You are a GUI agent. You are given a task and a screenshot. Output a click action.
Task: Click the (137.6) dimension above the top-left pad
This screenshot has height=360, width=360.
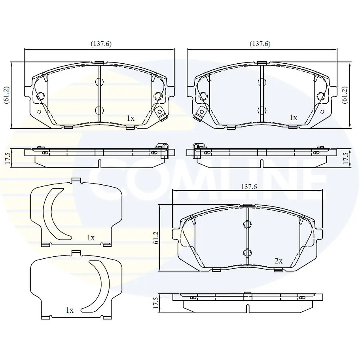[101, 44]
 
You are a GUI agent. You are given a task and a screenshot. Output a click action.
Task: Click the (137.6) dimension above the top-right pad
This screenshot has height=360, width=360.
[260, 44]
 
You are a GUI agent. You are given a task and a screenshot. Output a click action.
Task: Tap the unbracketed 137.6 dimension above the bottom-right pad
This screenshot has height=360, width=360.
[249, 187]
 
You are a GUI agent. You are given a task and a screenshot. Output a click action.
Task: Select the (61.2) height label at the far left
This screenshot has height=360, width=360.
[6, 95]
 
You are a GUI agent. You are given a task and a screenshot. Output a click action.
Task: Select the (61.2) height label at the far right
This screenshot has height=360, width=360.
[345, 95]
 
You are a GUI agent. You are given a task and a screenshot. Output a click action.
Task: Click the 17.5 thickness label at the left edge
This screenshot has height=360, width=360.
[8, 158]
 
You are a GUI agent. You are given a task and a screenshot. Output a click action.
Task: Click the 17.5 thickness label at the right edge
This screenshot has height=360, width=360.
[346, 158]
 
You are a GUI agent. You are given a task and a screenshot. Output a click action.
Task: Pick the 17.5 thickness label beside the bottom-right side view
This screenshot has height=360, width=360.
[156, 303]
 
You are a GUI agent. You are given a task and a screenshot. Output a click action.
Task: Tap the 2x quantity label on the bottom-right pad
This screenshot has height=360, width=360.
[279, 261]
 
